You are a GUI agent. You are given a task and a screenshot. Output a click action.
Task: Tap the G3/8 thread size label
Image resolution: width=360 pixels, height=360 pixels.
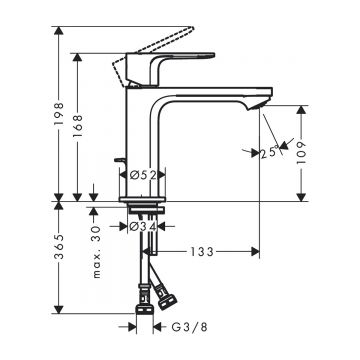tap(189, 327)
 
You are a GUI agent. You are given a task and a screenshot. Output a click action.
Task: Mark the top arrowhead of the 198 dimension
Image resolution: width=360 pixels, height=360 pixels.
tap(59, 36)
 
